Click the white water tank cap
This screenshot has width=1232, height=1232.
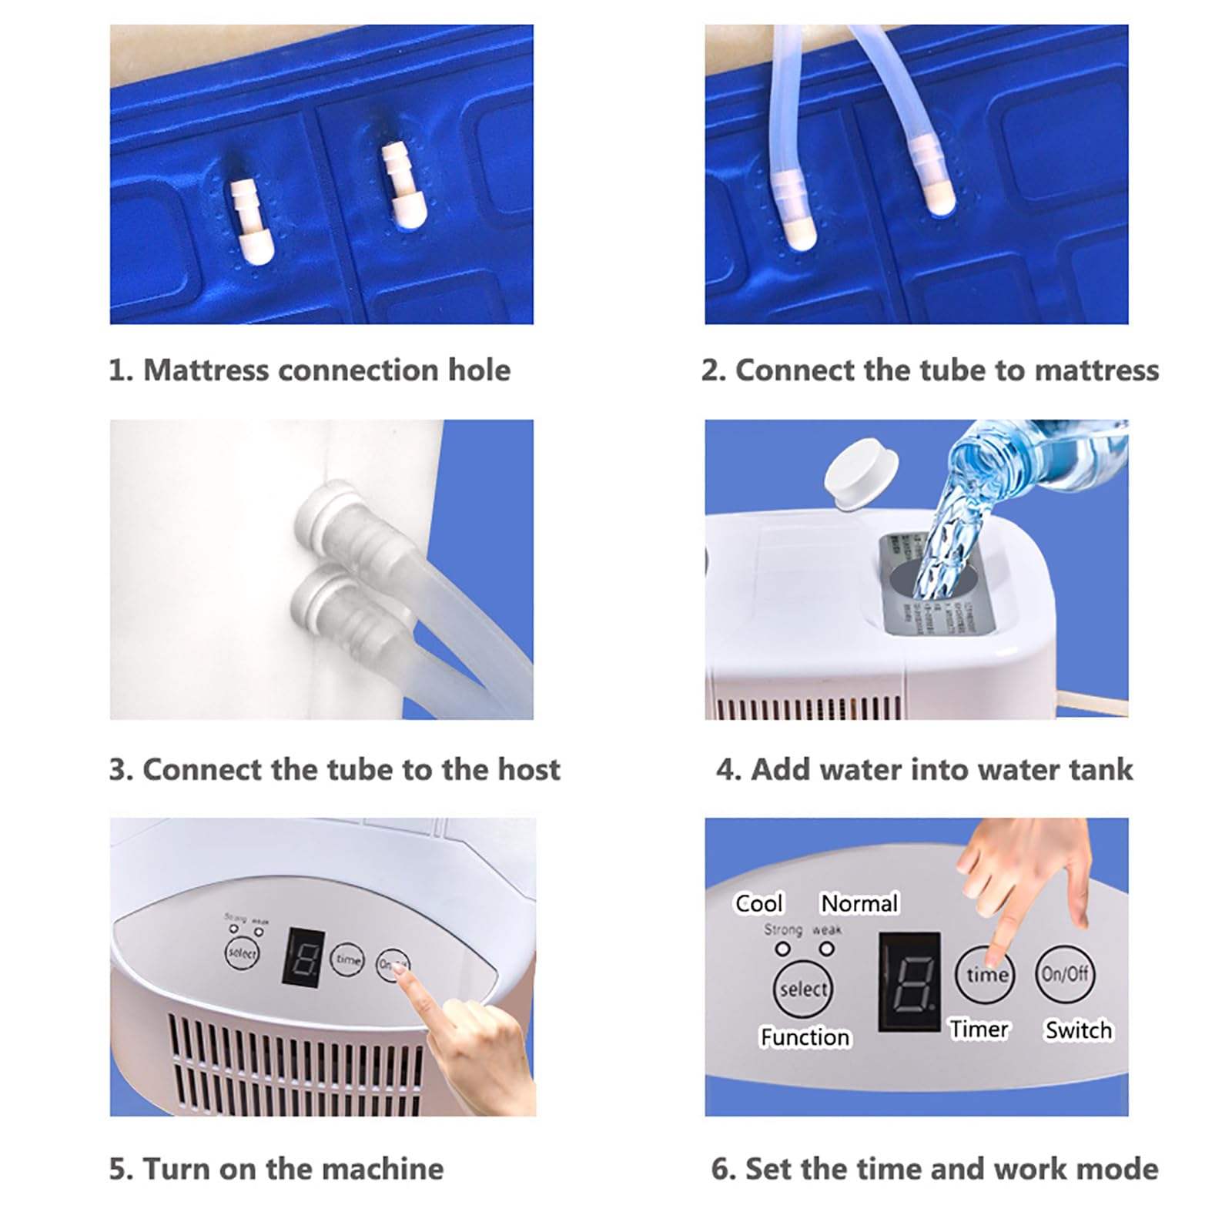coord(861,474)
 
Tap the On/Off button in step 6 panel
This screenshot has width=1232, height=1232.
coord(1065,973)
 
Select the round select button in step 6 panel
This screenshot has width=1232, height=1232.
coord(802,989)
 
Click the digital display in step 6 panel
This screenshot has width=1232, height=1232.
coord(909,982)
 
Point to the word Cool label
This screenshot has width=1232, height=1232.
coord(758,903)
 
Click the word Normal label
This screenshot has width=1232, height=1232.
coord(859,903)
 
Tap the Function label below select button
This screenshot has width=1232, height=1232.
coord(805,1037)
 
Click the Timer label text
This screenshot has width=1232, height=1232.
coord(979,1029)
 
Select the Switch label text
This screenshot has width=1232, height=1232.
coord(1078,1030)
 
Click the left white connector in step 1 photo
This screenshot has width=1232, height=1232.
coord(252,220)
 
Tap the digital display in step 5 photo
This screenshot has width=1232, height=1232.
coord(303,957)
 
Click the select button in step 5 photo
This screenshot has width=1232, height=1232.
coord(241,954)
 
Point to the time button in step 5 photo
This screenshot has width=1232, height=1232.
coord(347,960)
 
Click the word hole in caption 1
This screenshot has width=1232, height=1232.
coord(479,370)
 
